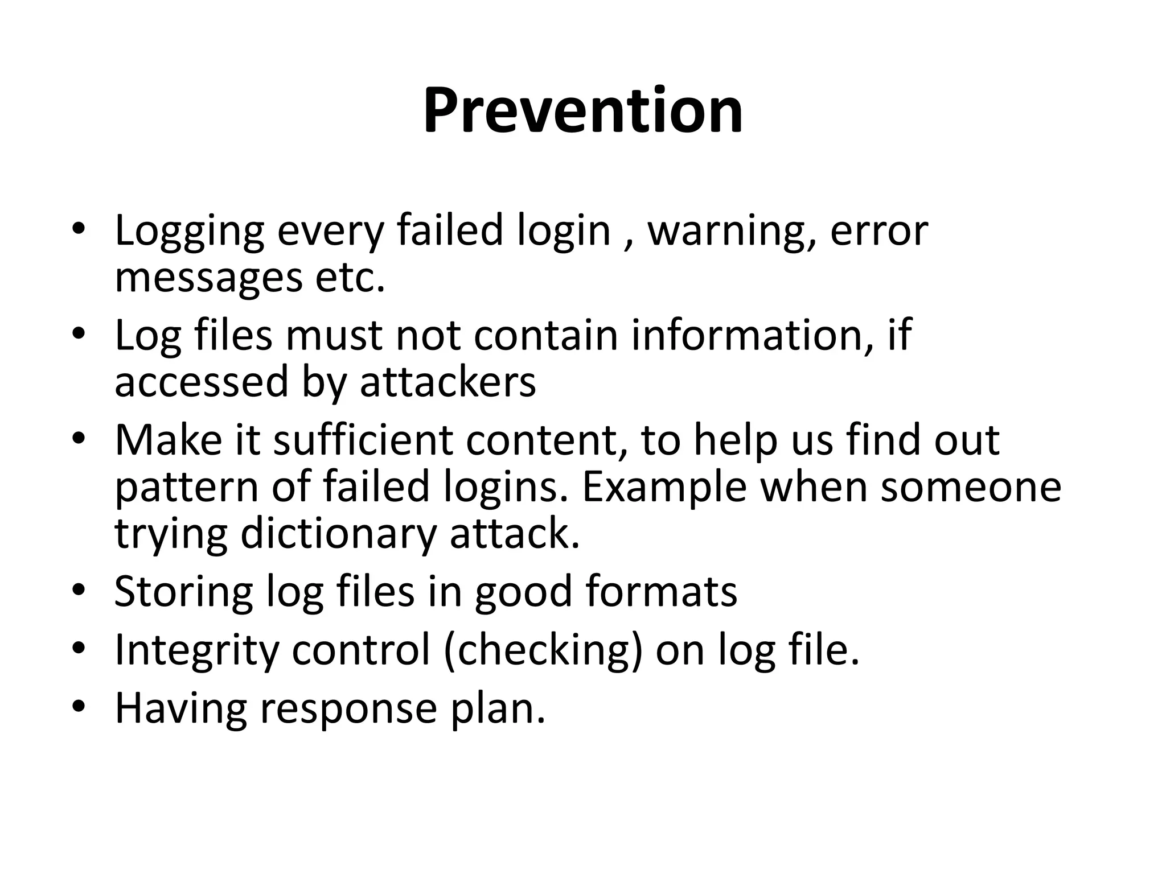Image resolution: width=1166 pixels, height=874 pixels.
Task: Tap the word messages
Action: (x=208, y=278)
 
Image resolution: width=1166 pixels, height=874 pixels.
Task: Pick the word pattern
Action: (x=187, y=488)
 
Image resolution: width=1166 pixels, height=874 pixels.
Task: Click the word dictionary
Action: (x=339, y=534)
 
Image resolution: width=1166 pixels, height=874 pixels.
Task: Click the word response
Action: (x=348, y=709)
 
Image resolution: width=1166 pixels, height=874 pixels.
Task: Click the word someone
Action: (x=971, y=488)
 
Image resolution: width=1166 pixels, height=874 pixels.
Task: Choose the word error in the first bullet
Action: (x=879, y=231)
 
